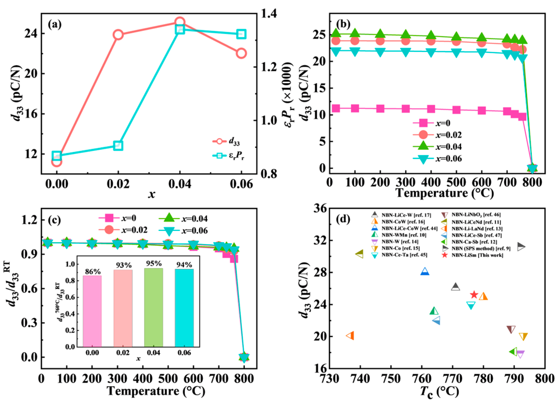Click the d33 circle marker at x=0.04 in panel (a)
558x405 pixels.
tap(180, 22)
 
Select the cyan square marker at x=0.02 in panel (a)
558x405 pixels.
tap(118, 146)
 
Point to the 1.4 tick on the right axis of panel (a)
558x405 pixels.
tap(269, 13)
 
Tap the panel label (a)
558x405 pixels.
tap(55, 25)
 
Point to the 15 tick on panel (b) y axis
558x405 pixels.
tap(319, 88)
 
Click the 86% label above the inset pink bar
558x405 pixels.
tap(93, 271)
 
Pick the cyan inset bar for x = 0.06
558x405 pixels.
tap(184, 308)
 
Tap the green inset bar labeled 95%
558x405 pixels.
tap(153, 307)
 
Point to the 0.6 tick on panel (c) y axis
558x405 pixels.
tap(29, 289)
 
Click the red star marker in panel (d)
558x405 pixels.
tap(474, 295)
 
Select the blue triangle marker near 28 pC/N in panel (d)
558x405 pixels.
tap(425, 271)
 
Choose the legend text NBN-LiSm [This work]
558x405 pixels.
tap(477, 255)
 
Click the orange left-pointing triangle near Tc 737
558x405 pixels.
tap(350, 336)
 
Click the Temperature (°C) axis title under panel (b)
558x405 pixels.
tap(445, 193)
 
